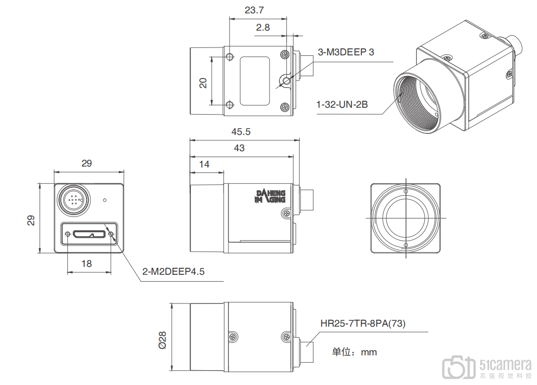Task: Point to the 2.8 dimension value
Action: point(263,28)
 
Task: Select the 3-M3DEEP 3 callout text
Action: point(346,52)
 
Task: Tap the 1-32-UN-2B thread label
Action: point(342,105)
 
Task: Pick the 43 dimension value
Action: point(239,148)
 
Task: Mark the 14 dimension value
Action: point(204,164)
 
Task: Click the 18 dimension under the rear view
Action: point(87,263)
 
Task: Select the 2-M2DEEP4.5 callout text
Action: point(173,271)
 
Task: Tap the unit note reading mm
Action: point(354,352)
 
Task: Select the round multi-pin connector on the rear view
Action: point(73,199)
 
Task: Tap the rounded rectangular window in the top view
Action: point(255,81)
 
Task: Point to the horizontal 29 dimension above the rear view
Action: point(87,163)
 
